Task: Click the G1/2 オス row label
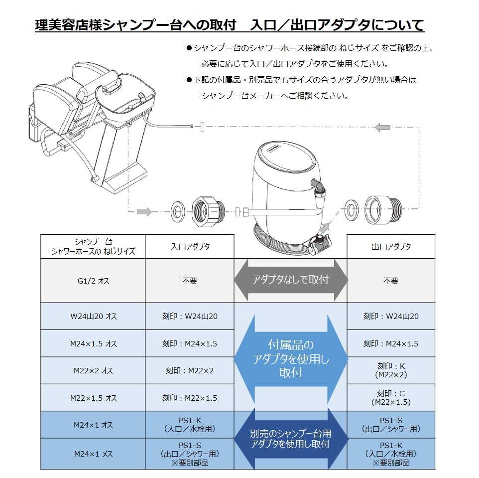93,281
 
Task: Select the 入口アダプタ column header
190,247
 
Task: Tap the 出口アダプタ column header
391,247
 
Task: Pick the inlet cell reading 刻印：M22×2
190,371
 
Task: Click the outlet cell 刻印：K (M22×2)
391,370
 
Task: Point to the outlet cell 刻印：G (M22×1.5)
391,398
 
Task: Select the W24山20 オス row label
93,316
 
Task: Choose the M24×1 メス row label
93,454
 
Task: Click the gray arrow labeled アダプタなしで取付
291,280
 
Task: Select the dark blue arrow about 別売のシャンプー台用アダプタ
291,439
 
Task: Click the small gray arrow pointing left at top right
382,128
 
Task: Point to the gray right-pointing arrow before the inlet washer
144,211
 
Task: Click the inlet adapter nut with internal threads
209,211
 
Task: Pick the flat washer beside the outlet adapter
352,209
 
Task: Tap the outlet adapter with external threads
383,209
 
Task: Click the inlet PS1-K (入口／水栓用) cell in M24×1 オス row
190,425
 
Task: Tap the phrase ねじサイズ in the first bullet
359,48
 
